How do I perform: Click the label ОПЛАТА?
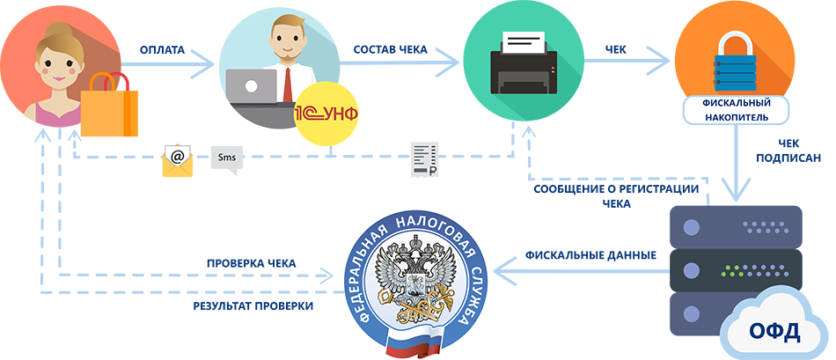(x=162, y=50)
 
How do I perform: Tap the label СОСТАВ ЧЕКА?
(x=390, y=50)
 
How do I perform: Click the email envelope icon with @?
(x=177, y=159)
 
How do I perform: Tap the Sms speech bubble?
(x=226, y=159)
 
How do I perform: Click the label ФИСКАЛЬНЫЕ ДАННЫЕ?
(x=590, y=256)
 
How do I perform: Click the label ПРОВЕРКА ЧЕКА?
(x=251, y=263)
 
